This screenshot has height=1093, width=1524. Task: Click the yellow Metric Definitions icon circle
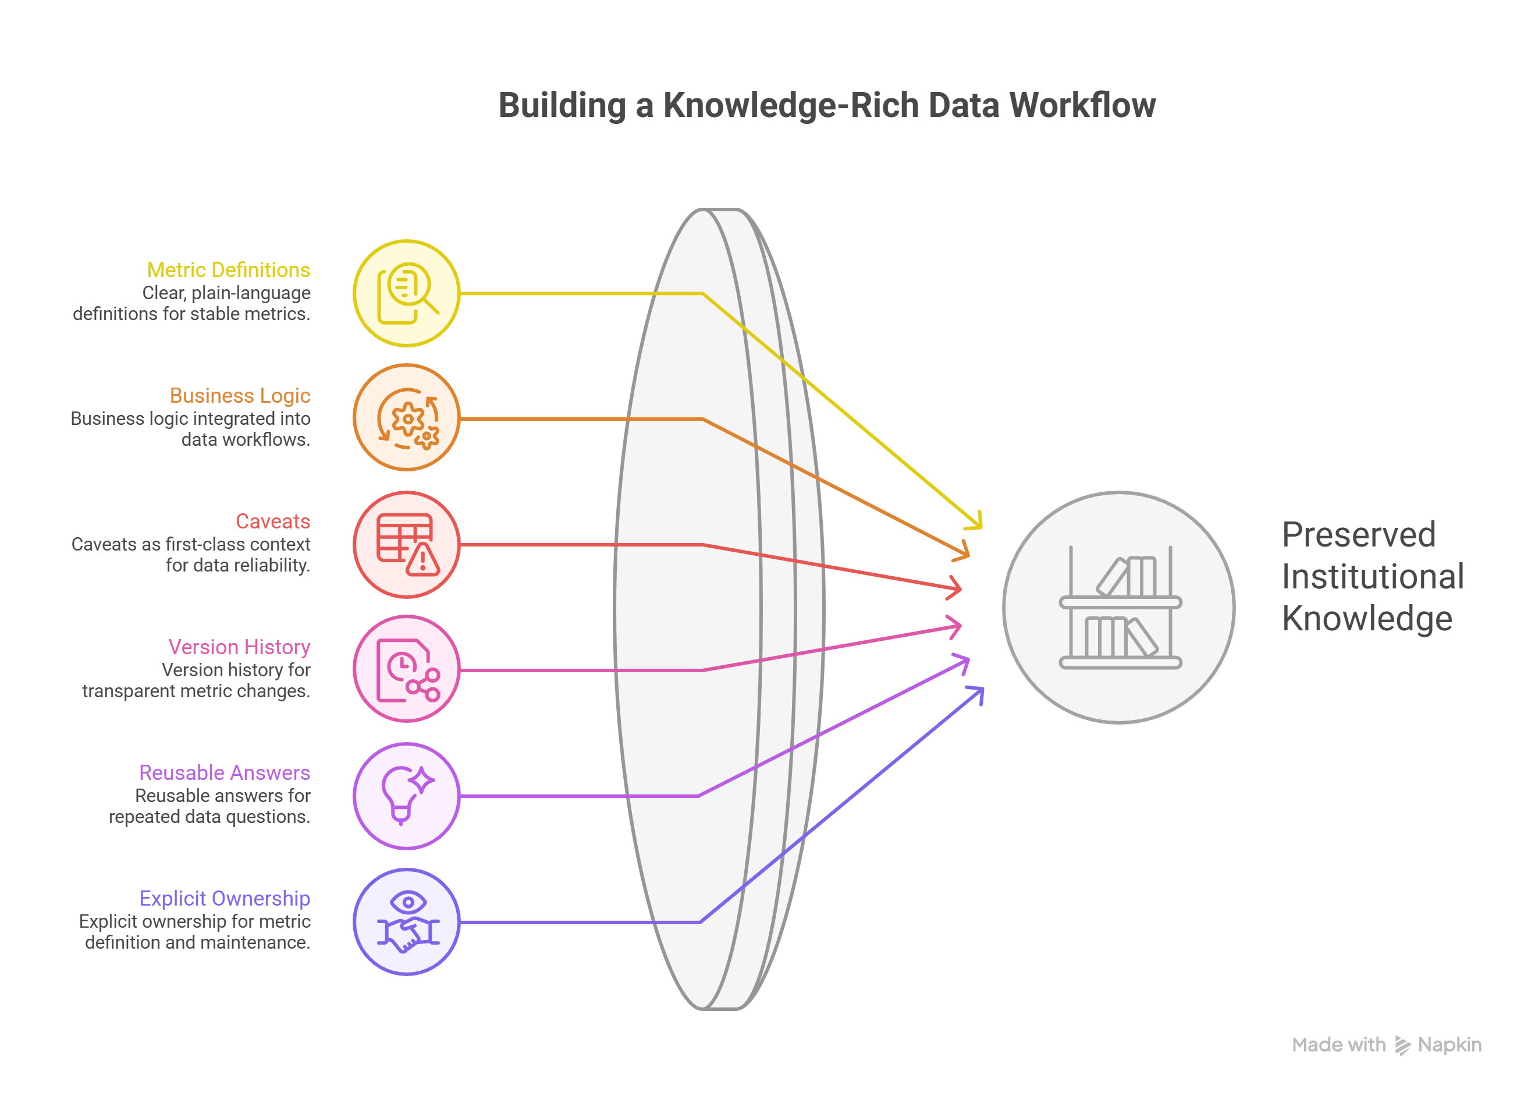[x=407, y=293]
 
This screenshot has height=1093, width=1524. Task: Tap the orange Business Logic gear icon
[x=407, y=418]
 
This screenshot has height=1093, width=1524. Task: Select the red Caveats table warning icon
[x=407, y=545]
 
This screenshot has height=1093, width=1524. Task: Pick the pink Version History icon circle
[x=407, y=669]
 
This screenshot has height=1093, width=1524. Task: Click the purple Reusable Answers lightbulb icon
[x=407, y=796]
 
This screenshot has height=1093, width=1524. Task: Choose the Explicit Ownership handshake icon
[x=407, y=921]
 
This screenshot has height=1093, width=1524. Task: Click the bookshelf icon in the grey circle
[x=1120, y=608]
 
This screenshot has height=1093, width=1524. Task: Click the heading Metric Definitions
[x=229, y=269]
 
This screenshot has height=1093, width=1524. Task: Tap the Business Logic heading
[x=240, y=395]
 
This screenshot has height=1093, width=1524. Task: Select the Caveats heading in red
[x=272, y=521]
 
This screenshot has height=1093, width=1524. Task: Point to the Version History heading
[x=239, y=647]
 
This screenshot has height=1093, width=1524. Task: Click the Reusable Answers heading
[x=225, y=772]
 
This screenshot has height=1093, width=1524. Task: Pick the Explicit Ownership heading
[x=225, y=898]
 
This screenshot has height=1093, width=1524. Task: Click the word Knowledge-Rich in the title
[x=790, y=105]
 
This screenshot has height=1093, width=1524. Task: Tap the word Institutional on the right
[x=1372, y=577]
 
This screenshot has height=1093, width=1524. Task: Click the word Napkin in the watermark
[x=1450, y=1045]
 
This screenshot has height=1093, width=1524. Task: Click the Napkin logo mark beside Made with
[x=1402, y=1045]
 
